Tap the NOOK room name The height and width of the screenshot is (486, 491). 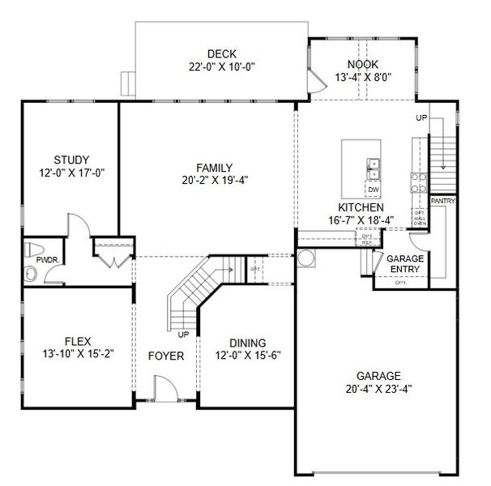(363, 64)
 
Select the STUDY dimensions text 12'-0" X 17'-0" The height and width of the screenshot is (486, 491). (71, 173)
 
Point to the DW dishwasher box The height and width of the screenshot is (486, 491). (373, 190)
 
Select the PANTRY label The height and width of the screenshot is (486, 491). (442, 200)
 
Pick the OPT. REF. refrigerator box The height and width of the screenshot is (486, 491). (367, 239)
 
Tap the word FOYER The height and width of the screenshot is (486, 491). (165, 356)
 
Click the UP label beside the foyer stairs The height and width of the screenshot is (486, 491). (182, 333)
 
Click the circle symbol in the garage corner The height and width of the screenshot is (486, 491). (307, 258)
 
